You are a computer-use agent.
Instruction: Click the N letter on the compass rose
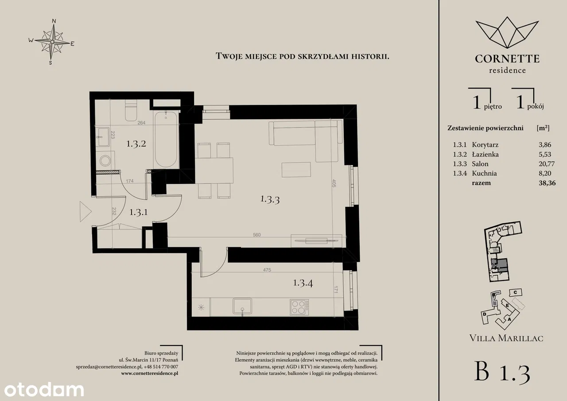(x=54, y=21)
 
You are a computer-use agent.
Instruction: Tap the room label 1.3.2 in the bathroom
(x=136, y=144)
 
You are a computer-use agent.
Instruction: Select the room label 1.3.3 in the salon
(x=270, y=199)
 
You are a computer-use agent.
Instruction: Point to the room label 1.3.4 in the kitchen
(x=303, y=283)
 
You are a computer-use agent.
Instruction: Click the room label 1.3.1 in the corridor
(x=139, y=212)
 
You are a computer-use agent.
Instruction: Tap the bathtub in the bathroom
(x=166, y=139)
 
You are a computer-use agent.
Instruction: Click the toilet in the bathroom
(x=131, y=110)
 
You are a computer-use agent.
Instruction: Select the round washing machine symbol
(x=105, y=160)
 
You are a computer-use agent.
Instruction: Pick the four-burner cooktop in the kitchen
(x=299, y=307)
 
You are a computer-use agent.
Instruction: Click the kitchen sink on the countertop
(x=242, y=307)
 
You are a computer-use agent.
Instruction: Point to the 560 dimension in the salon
(x=256, y=235)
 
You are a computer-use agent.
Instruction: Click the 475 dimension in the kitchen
(x=267, y=270)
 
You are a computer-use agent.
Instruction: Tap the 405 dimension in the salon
(x=334, y=183)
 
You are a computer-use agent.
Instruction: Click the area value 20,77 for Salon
(x=547, y=164)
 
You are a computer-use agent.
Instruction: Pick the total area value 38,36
(x=547, y=183)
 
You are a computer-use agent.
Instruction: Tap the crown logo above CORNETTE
(x=507, y=33)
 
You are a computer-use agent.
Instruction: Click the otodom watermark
(x=44, y=390)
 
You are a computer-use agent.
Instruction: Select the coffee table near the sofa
(x=296, y=170)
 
